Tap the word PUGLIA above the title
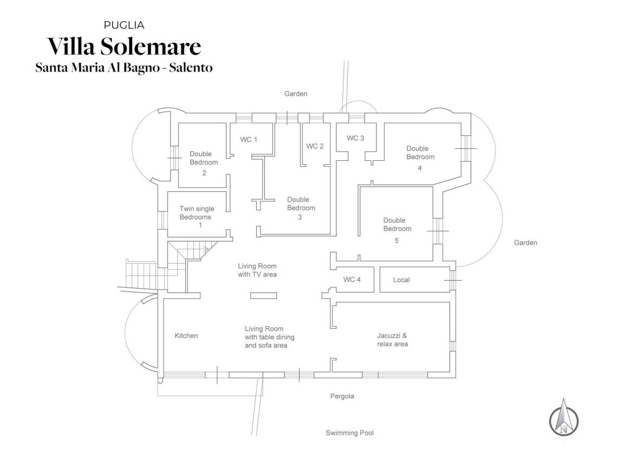tap(124, 25)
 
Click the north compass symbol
tap(563, 417)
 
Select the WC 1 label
tap(249, 139)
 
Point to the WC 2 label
tap(315, 146)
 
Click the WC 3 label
tap(355, 138)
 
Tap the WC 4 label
tap(352, 279)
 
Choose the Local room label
tap(401, 280)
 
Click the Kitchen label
tap(186, 335)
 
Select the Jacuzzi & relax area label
tap(392, 340)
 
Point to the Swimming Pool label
tap(350, 433)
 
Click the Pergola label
tap(342, 396)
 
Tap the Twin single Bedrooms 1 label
tap(197, 217)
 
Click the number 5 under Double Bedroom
tap(396, 240)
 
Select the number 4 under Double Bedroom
tap(419, 168)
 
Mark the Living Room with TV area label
tap(257, 270)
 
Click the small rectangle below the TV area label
tap(263, 296)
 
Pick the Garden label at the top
tap(296, 94)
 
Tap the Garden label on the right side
tap(526, 243)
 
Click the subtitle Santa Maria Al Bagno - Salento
tap(124, 68)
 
